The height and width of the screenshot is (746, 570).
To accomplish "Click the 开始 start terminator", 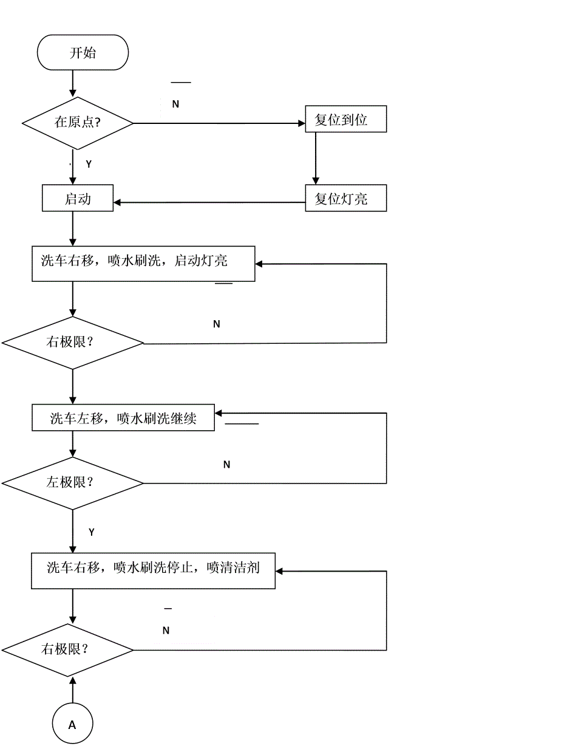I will (83, 53).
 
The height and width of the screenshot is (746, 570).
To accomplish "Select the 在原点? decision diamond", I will (78, 123).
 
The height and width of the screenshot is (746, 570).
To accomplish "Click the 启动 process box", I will (78, 199).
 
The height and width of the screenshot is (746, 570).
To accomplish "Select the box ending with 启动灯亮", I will (143, 263).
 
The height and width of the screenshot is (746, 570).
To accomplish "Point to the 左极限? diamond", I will (72, 484).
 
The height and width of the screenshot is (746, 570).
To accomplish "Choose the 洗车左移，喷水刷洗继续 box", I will (123, 419).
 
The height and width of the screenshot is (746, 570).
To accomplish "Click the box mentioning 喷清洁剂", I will (154, 570).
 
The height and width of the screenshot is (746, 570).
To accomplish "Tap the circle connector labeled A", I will (72, 724).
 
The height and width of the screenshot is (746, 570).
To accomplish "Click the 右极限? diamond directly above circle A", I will (67, 649).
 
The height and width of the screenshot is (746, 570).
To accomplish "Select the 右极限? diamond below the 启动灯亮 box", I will (72, 343).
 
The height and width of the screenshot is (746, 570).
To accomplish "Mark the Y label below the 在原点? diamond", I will (89, 165).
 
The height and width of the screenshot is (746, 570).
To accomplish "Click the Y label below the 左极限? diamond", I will (92, 533).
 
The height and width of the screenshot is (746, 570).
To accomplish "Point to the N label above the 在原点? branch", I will (175, 104).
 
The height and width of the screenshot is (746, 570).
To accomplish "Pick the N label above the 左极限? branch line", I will (227, 465).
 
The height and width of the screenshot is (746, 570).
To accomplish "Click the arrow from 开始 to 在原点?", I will (73, 83).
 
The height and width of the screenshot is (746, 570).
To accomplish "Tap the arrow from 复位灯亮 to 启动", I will (209, 202).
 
